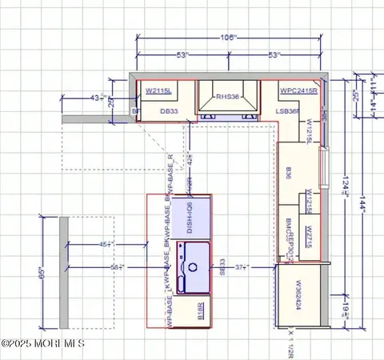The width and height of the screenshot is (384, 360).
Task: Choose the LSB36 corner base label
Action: point(287,112)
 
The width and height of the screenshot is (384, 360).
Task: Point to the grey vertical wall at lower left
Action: point(62,272)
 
